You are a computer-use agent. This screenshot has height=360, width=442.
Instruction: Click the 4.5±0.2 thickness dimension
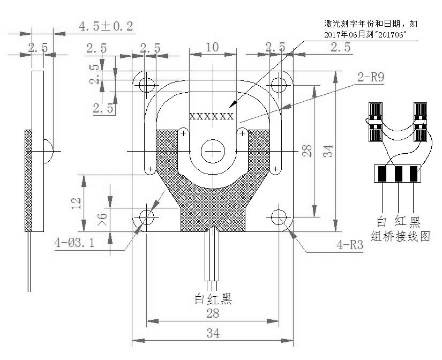(106, 26)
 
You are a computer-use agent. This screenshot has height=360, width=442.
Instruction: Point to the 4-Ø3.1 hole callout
(74, 243)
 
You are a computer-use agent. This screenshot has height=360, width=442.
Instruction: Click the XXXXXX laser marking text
(212, 116)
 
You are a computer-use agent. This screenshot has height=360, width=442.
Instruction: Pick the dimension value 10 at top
(212, 47)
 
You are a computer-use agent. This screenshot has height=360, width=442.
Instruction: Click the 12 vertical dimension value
(77, 202)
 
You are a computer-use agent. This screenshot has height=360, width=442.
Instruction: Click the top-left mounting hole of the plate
(146, 84)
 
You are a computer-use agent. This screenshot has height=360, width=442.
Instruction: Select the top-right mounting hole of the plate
(279, 84)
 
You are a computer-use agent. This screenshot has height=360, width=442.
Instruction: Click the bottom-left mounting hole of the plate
(146, 217)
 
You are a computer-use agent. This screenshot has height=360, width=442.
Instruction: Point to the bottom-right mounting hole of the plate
(279, 217)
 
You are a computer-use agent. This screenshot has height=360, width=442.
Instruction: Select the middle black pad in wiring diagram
(398, 174)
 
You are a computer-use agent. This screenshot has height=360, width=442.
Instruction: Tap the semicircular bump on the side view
(48, 151)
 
